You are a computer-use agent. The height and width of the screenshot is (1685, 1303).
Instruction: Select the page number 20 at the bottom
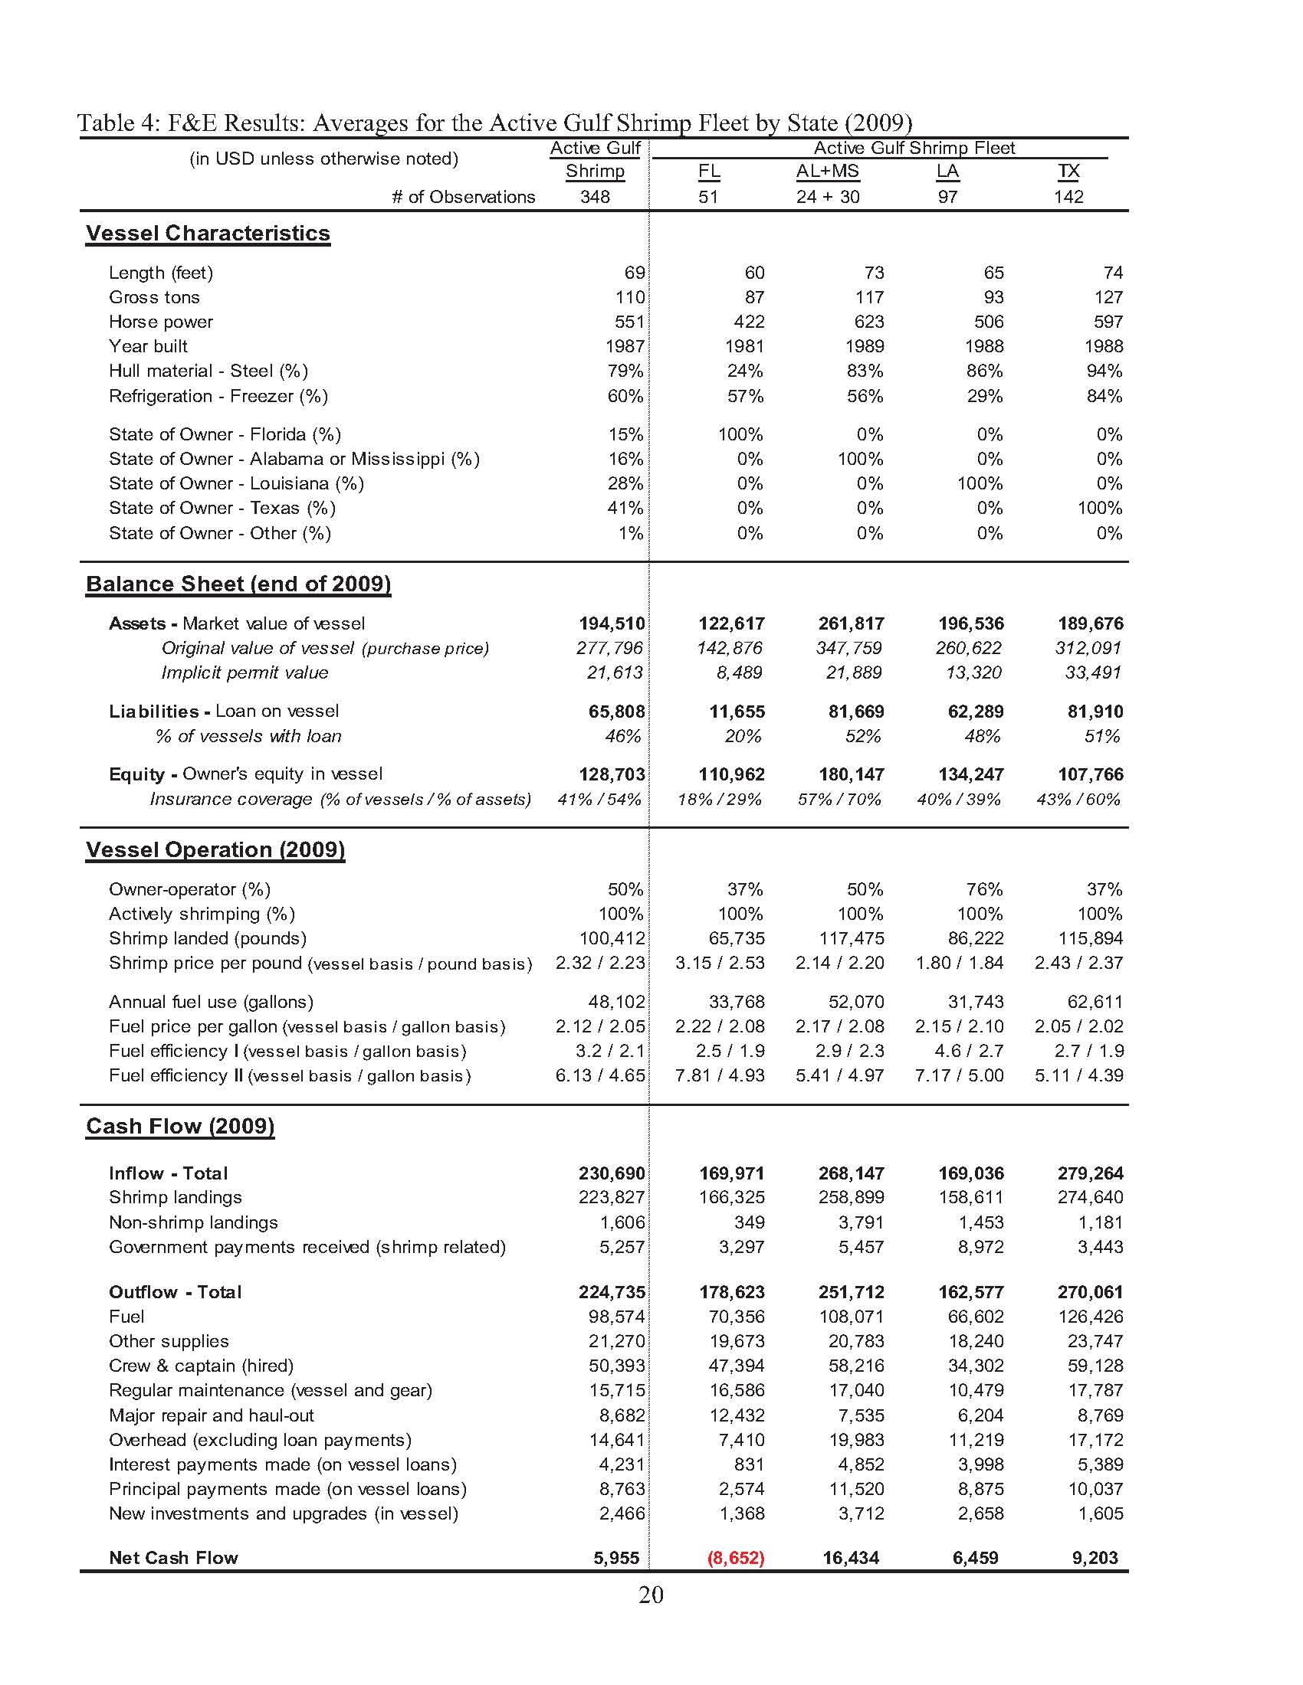coord(651,1595)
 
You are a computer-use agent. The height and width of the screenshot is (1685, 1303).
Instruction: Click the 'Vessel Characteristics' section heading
coord(208,233)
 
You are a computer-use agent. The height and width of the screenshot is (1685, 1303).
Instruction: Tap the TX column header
coord(1068,172)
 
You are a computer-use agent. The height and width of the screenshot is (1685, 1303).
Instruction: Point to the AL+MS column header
coord(828,172)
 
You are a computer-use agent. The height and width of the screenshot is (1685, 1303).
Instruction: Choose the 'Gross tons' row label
coord(154,297)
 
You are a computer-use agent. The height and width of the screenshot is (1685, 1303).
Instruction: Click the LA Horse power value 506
coord(989,322)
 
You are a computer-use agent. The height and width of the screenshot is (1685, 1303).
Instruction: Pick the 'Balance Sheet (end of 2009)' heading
coord(238,584)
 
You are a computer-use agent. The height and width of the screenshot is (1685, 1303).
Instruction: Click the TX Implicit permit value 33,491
coord(1092,672)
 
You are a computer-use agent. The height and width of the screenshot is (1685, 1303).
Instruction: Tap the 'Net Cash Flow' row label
coord(174,1558)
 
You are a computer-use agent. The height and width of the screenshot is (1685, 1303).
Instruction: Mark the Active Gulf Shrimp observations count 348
coord(595,197)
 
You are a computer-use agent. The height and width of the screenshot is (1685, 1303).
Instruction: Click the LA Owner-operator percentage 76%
coord(984,889)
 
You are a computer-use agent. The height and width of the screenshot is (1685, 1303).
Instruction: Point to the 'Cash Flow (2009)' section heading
coord(180,1127)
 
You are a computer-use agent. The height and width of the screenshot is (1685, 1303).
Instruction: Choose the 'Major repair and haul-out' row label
coord(212,1415)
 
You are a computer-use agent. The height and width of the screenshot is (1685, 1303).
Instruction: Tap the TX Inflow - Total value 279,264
coord(1090,1173)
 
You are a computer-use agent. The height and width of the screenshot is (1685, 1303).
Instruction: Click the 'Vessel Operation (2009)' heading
coord(215,850)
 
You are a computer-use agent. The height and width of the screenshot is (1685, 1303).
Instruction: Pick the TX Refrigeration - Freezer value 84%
coord(1104,396)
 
